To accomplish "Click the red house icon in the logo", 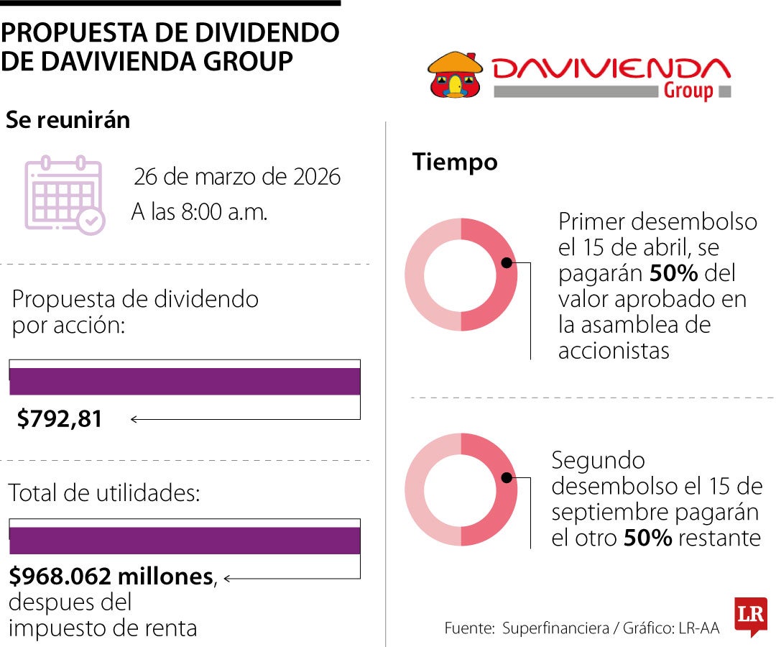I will pos(454,74).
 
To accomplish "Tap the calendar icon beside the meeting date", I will pos(65,195).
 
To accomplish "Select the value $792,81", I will pos(60,418).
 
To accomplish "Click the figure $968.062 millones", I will pos(111,577).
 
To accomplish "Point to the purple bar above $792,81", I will pos(185,381).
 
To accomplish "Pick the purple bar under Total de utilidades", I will pos(185,541).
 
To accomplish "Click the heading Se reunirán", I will pos(68,120).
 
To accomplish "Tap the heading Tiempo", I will pos(455,162).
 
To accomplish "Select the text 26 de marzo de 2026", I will pos(237,177).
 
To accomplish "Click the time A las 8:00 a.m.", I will pos(199,212).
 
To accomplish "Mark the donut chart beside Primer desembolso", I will pos(461,274).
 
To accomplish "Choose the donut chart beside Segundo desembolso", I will pos(461,489).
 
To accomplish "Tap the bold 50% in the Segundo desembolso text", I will pos(647,538).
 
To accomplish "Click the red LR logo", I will pos(750,615).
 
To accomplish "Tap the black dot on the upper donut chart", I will pos(507,263).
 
